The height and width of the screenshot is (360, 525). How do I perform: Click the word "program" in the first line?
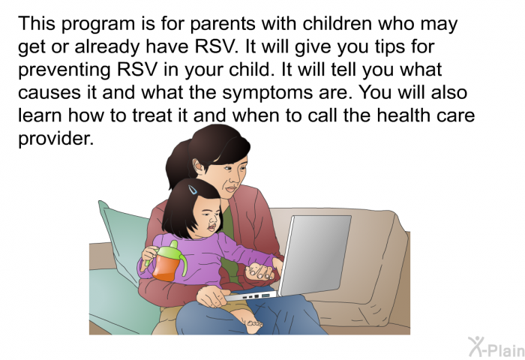point(98,25)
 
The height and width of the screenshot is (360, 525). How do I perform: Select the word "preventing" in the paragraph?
point(64,70)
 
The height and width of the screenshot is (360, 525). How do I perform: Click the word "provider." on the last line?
point(55,139)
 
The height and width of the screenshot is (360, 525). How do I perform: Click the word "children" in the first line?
point(337,24)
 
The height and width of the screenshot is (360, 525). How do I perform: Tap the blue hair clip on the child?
point(193,190)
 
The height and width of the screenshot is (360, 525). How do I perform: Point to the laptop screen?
point(315,255)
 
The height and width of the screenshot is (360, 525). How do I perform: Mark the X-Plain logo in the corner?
point(496,347)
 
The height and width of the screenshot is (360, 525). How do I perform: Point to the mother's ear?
point(198,166)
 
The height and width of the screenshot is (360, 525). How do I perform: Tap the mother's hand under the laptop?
point(211,295)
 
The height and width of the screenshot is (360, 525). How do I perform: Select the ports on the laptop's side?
point(255,296)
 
